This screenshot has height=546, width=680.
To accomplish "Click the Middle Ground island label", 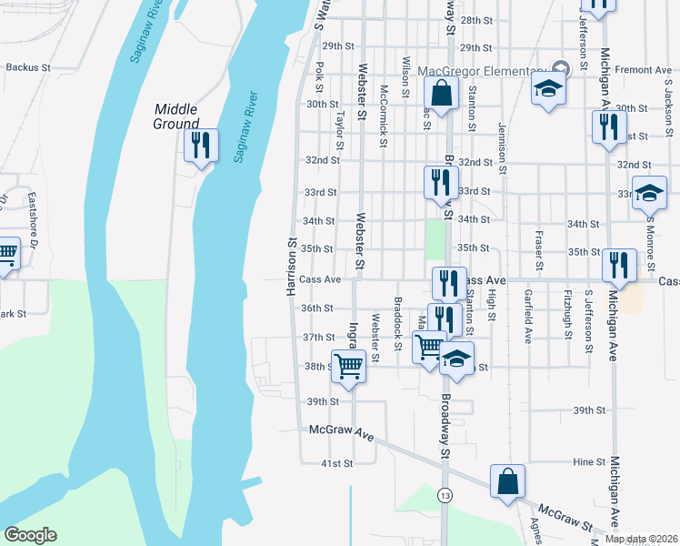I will pos(176,116).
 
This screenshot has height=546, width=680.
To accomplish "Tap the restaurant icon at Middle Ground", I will pos(201,146).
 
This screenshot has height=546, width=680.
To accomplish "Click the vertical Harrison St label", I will pos(292,267).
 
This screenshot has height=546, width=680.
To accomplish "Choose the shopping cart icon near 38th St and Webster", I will pos(349,366).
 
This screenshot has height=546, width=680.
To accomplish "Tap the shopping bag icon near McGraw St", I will pos(507,481).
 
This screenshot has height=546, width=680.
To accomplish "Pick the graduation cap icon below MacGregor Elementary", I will pos(548,88).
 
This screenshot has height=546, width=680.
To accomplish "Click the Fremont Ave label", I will pos(642,70).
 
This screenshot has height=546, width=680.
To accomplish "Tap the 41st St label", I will pos(336,463).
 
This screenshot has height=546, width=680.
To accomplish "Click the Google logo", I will pos(30,535).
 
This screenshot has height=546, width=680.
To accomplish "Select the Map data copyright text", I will pos(641,539).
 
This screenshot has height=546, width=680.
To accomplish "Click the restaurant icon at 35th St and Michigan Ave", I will pos(619,266).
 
